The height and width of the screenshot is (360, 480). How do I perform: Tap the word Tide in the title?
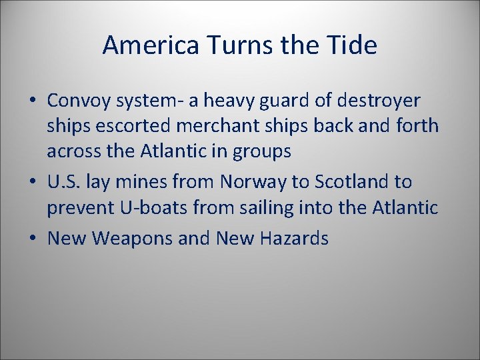pos(354,45)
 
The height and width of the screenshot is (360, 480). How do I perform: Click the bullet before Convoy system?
pos(32,101)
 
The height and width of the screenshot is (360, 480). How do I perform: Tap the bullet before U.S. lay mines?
pos(32,182)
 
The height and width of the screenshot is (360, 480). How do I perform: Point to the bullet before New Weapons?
pos(32,238)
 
